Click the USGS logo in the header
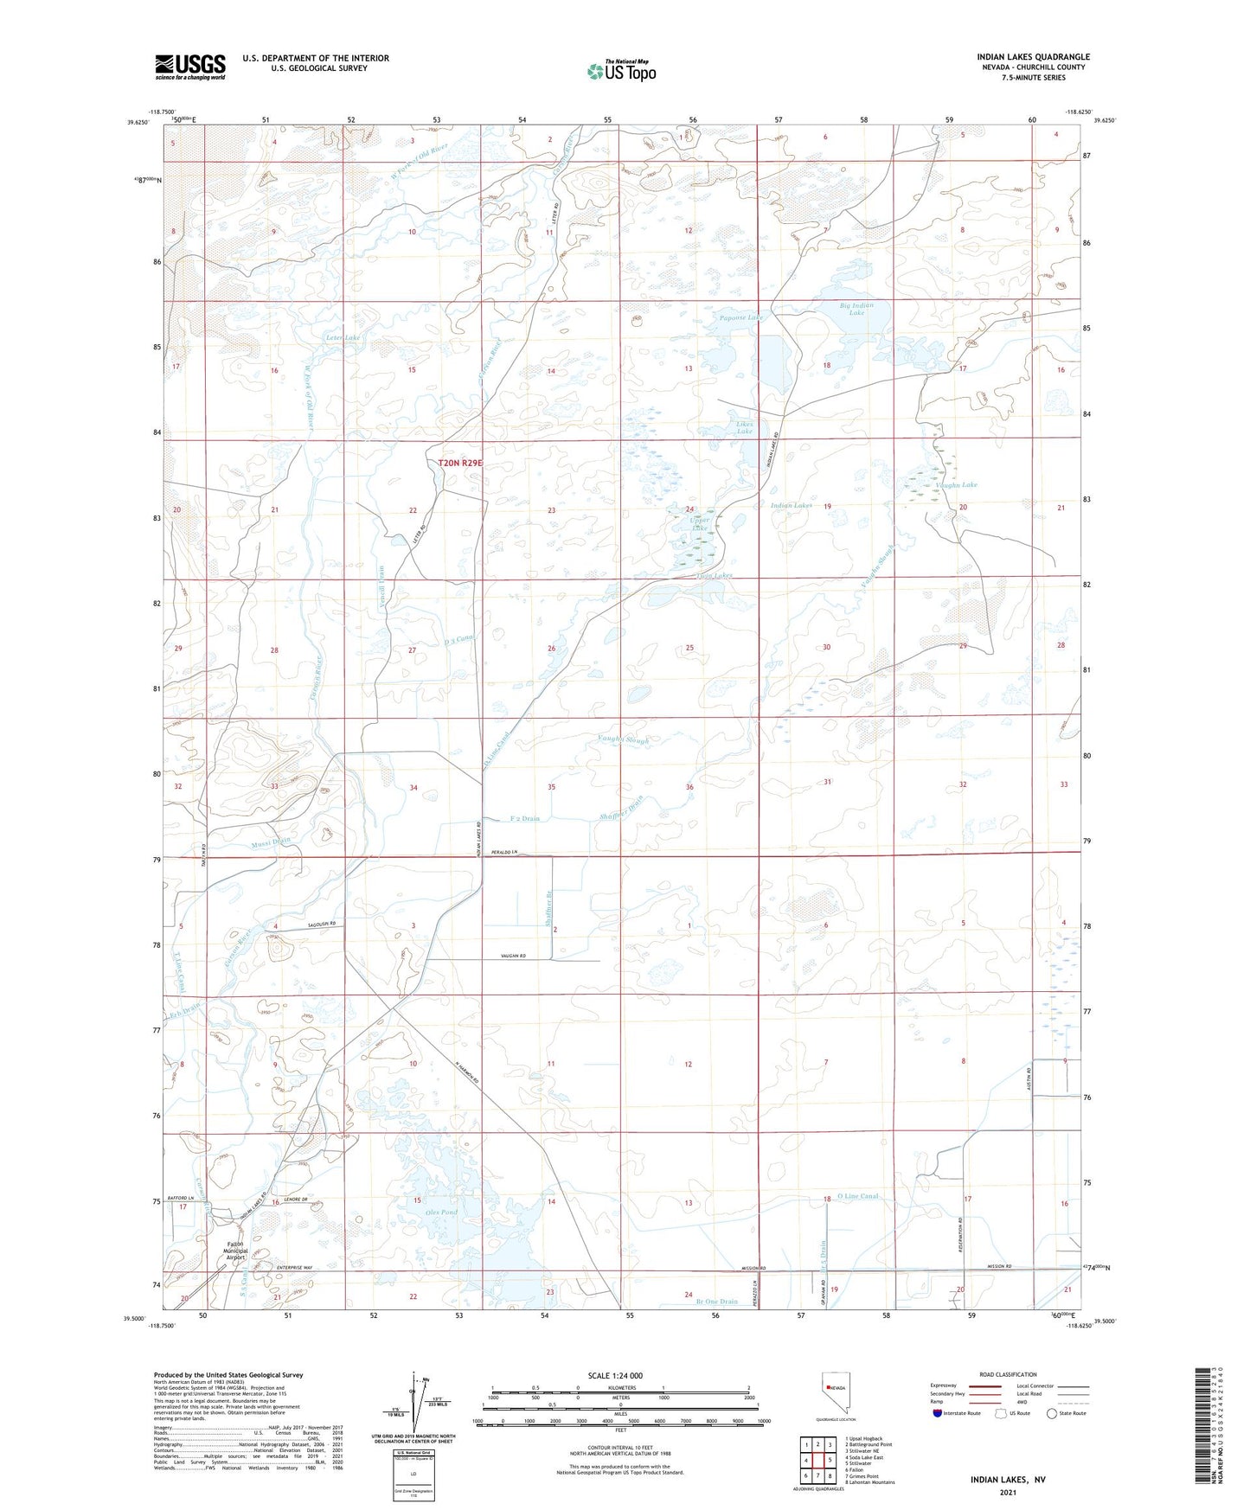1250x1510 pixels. tap(190, 67)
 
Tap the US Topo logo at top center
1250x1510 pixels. tap(620, 71)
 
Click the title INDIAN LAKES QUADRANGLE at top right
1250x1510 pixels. tap(1033, 56)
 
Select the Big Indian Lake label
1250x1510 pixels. tap(856, 309)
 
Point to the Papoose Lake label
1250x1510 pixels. tap(741, 317)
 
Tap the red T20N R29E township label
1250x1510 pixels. tap(459, 464)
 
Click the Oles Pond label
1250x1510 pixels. tap(442, 1212)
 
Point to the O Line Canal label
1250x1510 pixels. tap(857, 1196)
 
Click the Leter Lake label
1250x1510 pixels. tap(342, 337)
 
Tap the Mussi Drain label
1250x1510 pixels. tap(272, 840)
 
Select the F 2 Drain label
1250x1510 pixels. tap(524, 818)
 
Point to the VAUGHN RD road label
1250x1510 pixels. tap(514, 956)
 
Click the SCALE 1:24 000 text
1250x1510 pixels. tap(615, 1375)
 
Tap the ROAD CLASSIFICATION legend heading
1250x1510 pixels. tap(1008, 1374)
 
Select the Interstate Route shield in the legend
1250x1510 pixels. tap(939, 1412)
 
